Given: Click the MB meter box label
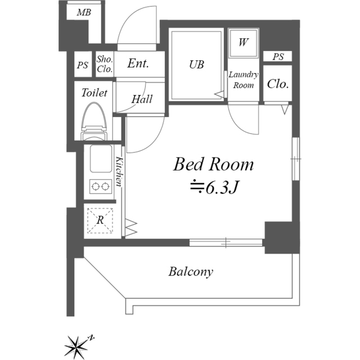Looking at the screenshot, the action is (84, 12).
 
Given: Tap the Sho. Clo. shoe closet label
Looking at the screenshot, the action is (105, 64).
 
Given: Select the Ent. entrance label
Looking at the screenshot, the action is (138, 64).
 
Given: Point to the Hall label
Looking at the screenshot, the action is (142, 99).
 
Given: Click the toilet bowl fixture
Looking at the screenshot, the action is (94, 121).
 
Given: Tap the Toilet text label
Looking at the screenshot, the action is (94, 92).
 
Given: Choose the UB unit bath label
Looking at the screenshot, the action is (196, 65).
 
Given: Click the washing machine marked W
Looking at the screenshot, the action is (244, 43).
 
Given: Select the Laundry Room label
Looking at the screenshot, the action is (244, 80).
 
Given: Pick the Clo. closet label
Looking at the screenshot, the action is (277, 84).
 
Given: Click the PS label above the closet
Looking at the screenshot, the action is (278, 57).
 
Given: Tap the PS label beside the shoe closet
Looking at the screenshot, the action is (83, 65).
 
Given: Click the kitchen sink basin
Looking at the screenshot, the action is (101, 159).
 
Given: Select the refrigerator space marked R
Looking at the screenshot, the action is (100, 220).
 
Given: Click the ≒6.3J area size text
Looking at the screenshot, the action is (214, 187).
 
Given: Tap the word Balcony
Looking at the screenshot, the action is (191, 272).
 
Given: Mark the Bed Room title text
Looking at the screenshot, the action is (213, 164).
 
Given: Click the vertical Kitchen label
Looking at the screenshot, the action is (119, 171).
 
